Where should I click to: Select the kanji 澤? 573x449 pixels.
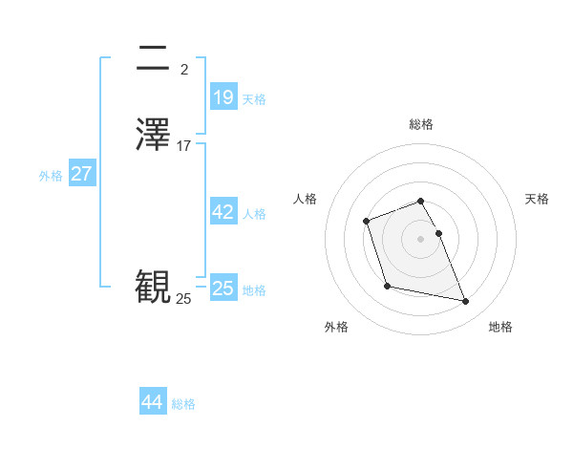pyautogui.click(x=153, y=133)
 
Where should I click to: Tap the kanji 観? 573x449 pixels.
pyautogui.click(x=153, y=288)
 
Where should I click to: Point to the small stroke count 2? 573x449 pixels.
pyautogui.click(x=184, y=69)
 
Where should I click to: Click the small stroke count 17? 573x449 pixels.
pyautogui.click(x=184, y=146)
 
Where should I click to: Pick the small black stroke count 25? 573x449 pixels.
pyautogui.click(x=183, y=299)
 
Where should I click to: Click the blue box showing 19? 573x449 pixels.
pyautogui.click(x=223, y=96)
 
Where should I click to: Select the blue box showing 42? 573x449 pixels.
pyautogui.click(x=223, y=212)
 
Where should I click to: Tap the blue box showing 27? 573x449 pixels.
pyautogui.click(x=81, y=174)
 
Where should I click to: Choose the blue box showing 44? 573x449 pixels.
pyautogui.click(x=153, y=402)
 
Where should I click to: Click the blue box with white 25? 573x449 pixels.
pyautogui.click(x=223, y=288)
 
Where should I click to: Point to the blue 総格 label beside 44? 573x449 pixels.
pyautogui.click(x=183, y=404)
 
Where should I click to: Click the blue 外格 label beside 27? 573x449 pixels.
pyautogui.click(x=51, y=176)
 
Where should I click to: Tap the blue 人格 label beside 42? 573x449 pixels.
pyautogui.click(x=255, y=214)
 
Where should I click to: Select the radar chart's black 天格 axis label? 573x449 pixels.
pyautogui.click(x=537, y=199)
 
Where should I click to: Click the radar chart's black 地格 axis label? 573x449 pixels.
pyautogui.click(x=500, y=327)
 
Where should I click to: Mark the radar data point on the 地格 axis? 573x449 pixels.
pyautogui.click(x=466, y=302)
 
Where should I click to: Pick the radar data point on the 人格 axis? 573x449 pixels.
pyautogui.click(x=367, y=223)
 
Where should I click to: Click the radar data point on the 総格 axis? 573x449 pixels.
pyautogui.click(x=420, y=201)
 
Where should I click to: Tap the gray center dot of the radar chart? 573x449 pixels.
pyautogui.click(x=420, y=239)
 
